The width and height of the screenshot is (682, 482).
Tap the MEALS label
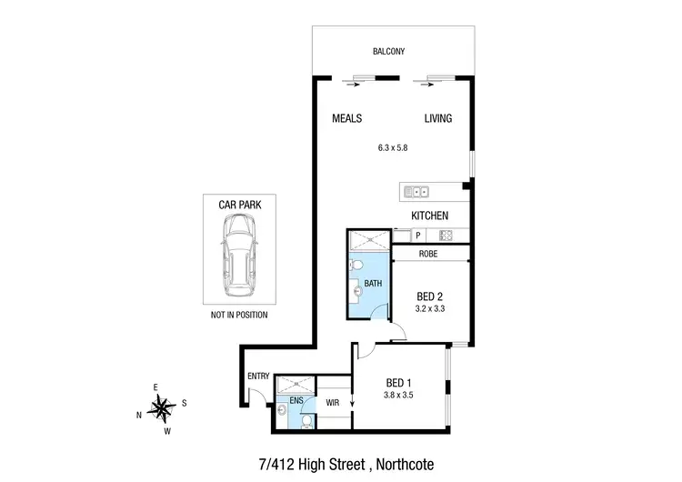346,119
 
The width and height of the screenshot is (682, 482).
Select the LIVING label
437,119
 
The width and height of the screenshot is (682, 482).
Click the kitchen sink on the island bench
416,191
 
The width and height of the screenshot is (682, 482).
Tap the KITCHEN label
430,216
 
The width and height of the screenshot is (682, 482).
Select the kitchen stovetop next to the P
446,236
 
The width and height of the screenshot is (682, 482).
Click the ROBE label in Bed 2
429,255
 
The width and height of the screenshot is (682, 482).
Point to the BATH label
373,283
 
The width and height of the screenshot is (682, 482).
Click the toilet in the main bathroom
357,265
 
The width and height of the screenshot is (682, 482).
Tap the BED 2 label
430,296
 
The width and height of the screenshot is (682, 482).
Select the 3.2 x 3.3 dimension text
430,309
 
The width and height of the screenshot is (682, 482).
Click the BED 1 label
399,383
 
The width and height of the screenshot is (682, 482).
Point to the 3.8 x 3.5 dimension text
399,397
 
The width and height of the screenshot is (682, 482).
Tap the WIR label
333,400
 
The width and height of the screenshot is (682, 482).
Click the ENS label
296,399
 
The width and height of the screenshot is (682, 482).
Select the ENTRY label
259,377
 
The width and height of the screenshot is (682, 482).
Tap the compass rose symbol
161,407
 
